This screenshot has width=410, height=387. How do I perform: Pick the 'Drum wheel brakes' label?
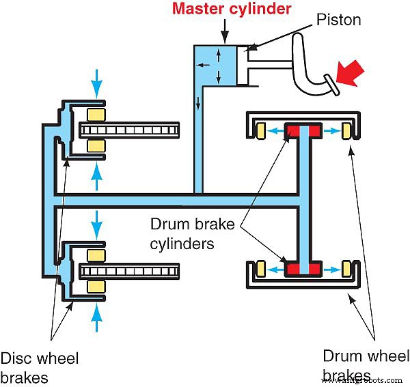pyautogui.click(x=366, y=365)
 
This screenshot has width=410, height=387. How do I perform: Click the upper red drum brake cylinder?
pyautogui.click(x=302, y=130)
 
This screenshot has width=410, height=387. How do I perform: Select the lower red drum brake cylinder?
pyautogui.click(x=302, y=267)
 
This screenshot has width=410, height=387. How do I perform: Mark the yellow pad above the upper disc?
pyautogui.click(x=95, y=113)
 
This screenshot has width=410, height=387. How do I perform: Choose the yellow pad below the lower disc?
pyautogui.click(x=95, y=289)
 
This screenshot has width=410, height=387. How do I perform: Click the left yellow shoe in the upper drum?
pyautogui.click(x=260, y=129)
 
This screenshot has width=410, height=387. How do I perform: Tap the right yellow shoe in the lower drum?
pyautogui.click(x=345, y=267)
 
